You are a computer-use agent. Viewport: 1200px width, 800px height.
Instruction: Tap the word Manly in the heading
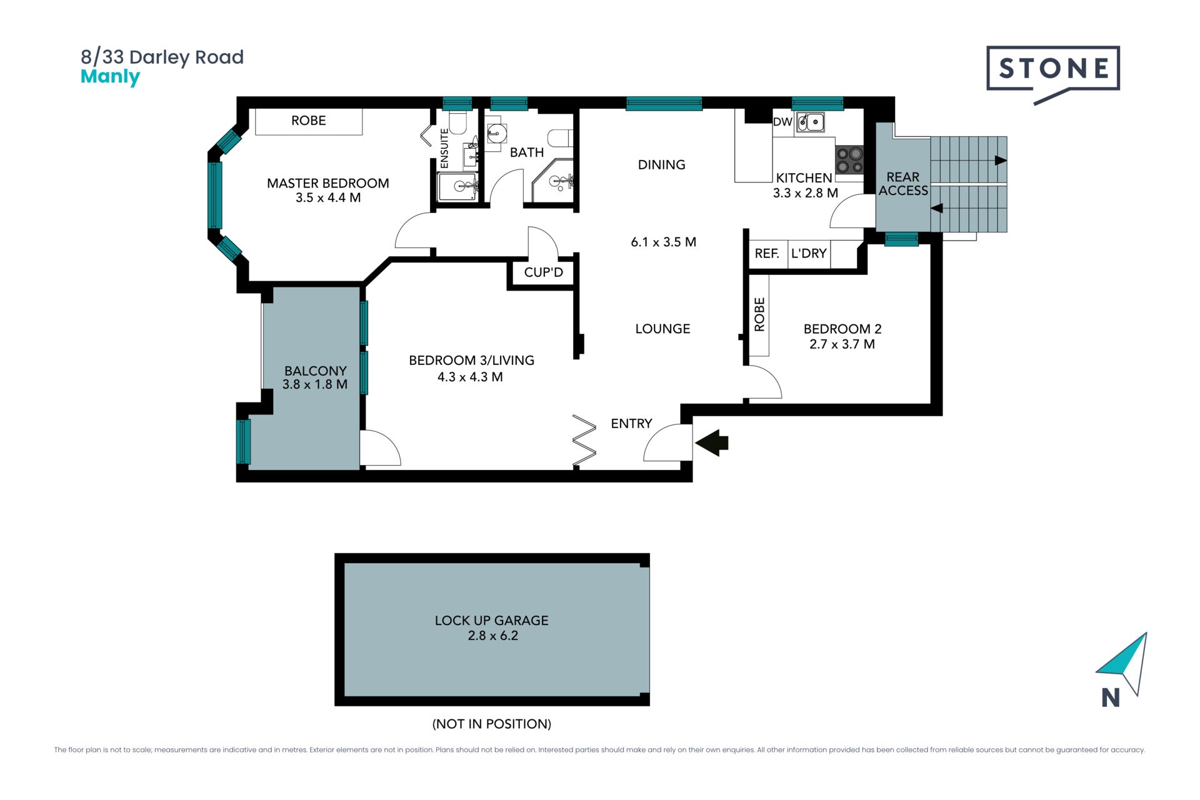point(110,77)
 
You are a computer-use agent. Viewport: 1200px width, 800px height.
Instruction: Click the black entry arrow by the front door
point(712,442)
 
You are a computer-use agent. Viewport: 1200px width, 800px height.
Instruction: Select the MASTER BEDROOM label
point(327,183)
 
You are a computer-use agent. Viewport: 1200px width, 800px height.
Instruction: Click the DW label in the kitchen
point(782,122)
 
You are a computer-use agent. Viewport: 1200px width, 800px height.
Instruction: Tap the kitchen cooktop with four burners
point(849,159)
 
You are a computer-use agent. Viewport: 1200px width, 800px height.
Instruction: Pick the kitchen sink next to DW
point(810,122)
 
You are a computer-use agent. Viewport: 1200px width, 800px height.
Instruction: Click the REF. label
point(767,253)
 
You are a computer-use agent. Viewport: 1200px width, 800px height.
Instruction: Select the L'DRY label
point(809,253)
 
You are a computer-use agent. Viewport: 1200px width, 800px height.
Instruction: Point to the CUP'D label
point(544,272)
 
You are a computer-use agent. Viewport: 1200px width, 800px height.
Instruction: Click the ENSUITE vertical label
point(444,148)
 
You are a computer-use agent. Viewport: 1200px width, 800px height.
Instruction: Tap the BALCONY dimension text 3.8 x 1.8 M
point(315,384)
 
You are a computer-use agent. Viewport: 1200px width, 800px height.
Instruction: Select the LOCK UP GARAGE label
point(492,621)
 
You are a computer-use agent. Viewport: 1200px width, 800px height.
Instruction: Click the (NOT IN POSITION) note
point(492,724)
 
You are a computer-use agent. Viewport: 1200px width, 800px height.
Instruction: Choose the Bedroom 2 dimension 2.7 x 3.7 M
point(842,344)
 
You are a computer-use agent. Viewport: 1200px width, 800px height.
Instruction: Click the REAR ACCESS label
point(903,184)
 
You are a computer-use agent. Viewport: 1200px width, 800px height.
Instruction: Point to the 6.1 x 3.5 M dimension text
point(664,242)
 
